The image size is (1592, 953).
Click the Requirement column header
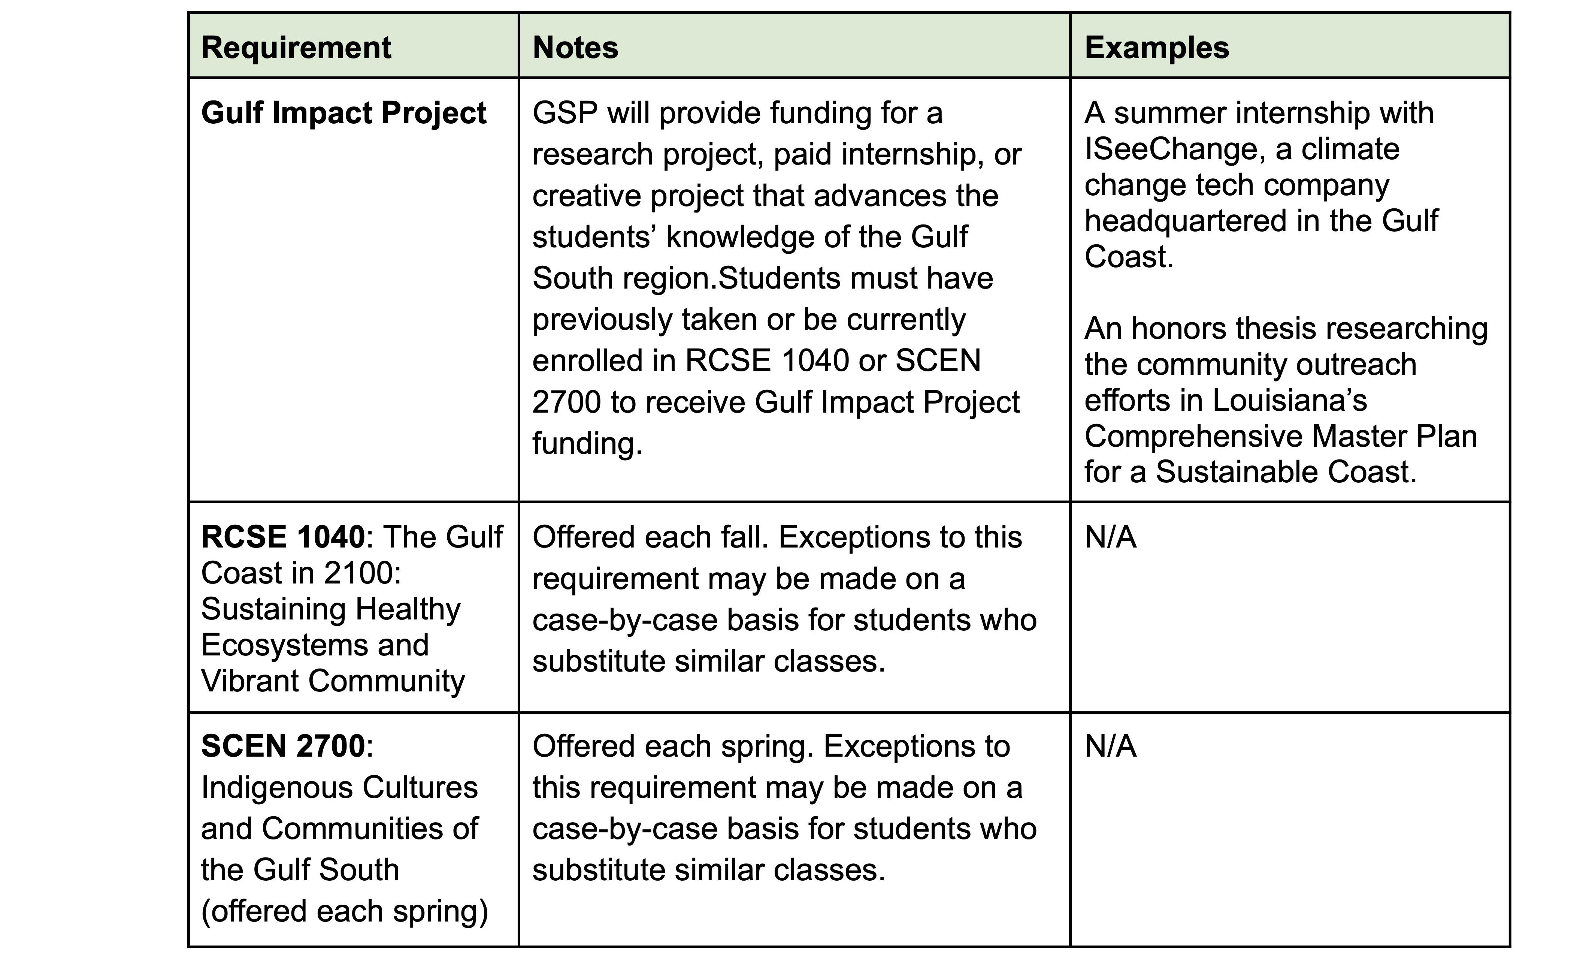tap(296, 48)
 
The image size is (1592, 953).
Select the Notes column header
tap(575, 48)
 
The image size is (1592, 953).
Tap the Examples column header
tap(1157, 48)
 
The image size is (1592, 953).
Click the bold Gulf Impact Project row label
tap(343, 113)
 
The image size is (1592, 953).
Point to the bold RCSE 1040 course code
tap(282, 537)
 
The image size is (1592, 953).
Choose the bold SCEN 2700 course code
tap(282, 746)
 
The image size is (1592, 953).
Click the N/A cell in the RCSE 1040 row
tap(1111, 537)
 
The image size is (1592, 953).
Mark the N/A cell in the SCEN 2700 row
tap(1111, 746)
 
